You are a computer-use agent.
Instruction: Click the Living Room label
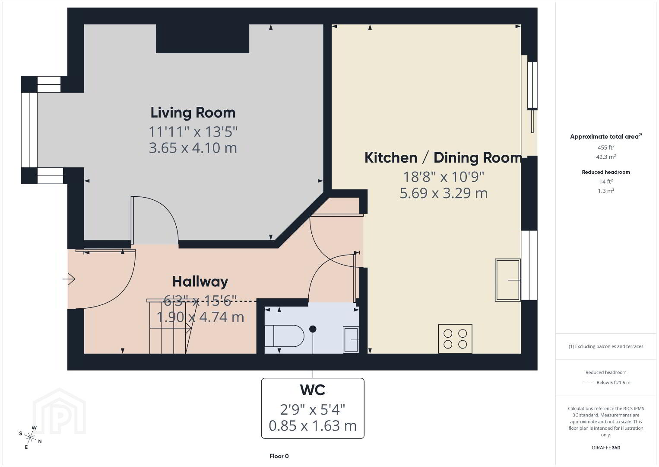(x=193, y=113)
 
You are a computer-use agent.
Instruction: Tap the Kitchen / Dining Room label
(x=443, y=158)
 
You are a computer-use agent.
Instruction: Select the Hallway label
(x=200, y=281)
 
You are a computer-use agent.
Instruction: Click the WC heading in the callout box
(x=312, y=390)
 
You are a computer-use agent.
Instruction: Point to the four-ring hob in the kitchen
(x=455, y=339)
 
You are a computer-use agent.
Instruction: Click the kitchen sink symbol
(x=508, y=280)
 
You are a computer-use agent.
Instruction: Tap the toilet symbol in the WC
(x=284, y=336)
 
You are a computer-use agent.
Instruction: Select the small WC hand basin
(x=351, y=340)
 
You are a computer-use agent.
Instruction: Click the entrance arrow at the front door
(x=69, y=279)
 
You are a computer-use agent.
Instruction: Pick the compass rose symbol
(x=30, y=438)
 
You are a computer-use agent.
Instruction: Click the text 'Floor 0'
(x=279, y=456)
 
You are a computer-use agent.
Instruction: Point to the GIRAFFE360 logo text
(x=606, y=448)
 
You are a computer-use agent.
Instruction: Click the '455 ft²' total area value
(x=606, y=147)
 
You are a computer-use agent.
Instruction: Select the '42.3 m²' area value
(x=606, y=157)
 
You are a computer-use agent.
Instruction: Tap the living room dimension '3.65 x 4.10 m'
(x=193, y=148)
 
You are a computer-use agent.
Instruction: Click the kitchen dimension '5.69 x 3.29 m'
(x=444, y=193)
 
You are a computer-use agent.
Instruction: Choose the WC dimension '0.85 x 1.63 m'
(x=312, y=426)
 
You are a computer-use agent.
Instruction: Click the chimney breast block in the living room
(x=203, y=38)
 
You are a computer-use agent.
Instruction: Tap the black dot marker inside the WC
(x=313, y=329)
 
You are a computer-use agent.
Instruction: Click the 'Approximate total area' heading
(x=606, y=136)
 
